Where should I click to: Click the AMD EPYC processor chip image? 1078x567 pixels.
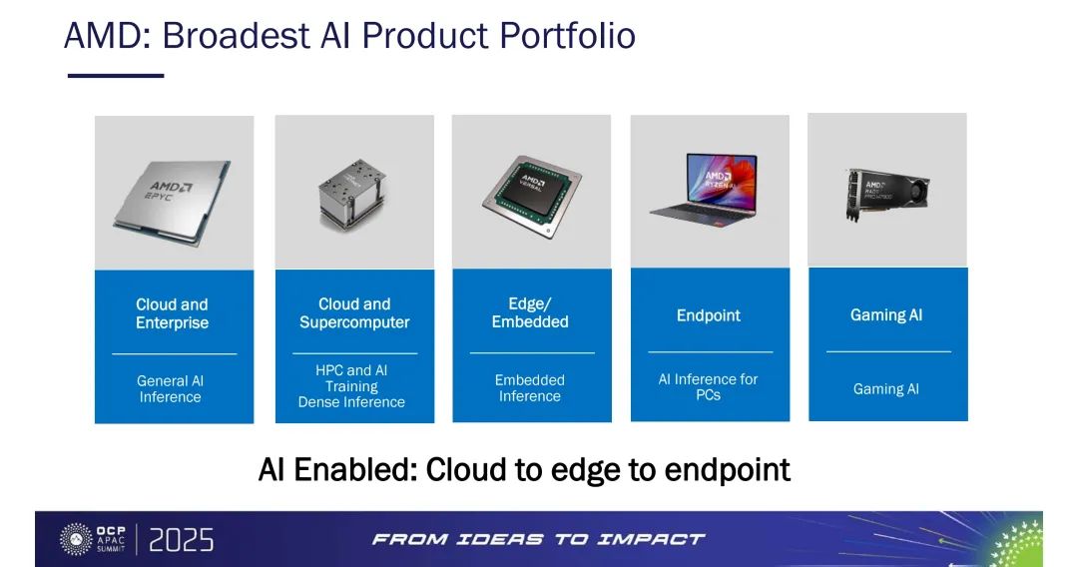tap(173, 202)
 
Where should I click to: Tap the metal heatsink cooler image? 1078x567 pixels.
tap(352, 194)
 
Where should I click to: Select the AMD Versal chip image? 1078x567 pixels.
tap(531, 196)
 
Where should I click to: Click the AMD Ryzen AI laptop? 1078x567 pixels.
tap(705, 187)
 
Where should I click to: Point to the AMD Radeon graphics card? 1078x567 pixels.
tap(887, 194)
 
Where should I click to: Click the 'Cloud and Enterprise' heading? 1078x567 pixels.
tap(172, 313)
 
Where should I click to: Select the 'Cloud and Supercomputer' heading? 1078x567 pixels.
tap(354, 312)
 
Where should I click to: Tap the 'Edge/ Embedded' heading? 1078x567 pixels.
tap(530, 312)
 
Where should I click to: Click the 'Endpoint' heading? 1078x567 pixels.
tap(708, 315)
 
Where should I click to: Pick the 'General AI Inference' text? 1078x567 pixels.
tap(170, 389)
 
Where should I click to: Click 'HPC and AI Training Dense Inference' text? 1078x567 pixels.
tap(351, 386)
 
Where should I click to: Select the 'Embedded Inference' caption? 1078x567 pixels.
tap(529, 388)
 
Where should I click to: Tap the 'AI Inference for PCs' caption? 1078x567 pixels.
tap(708, 387)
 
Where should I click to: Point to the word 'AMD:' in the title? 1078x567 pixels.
tap(107, 36)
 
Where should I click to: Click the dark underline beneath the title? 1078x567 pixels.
tap(116, 76)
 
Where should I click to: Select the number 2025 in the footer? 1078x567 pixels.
tap(182, 540)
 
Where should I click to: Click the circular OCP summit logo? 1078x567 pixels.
tap(76, 539)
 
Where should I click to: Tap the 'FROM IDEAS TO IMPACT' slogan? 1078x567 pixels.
tap(538, 539)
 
